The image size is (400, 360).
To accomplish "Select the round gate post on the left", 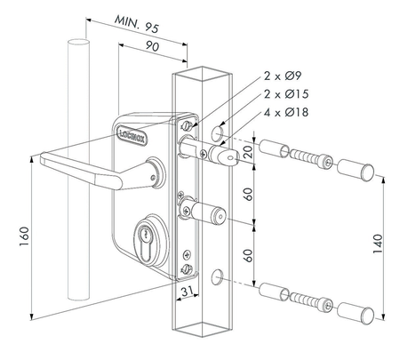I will pos(78,178).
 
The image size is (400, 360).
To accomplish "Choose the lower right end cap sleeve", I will pos(360,314).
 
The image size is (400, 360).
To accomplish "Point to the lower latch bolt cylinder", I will pos(210,215).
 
